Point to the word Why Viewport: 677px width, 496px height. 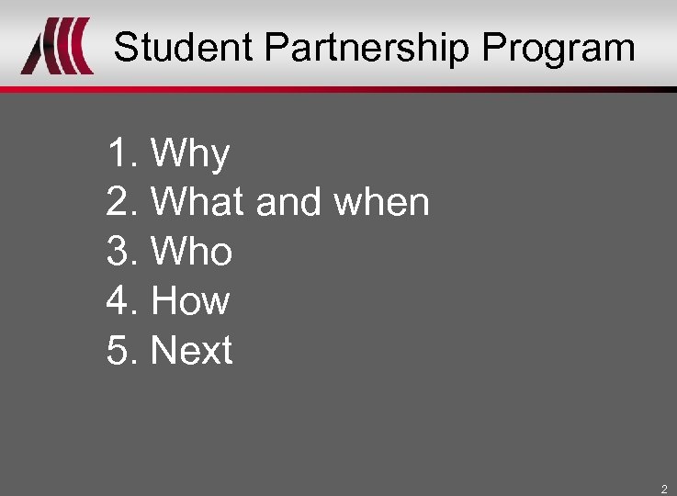(189, 153)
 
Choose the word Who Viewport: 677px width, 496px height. (191, 252)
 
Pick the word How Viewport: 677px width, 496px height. (189, 301)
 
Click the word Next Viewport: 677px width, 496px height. (191, 351)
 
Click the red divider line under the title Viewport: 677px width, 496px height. (338, 89)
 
